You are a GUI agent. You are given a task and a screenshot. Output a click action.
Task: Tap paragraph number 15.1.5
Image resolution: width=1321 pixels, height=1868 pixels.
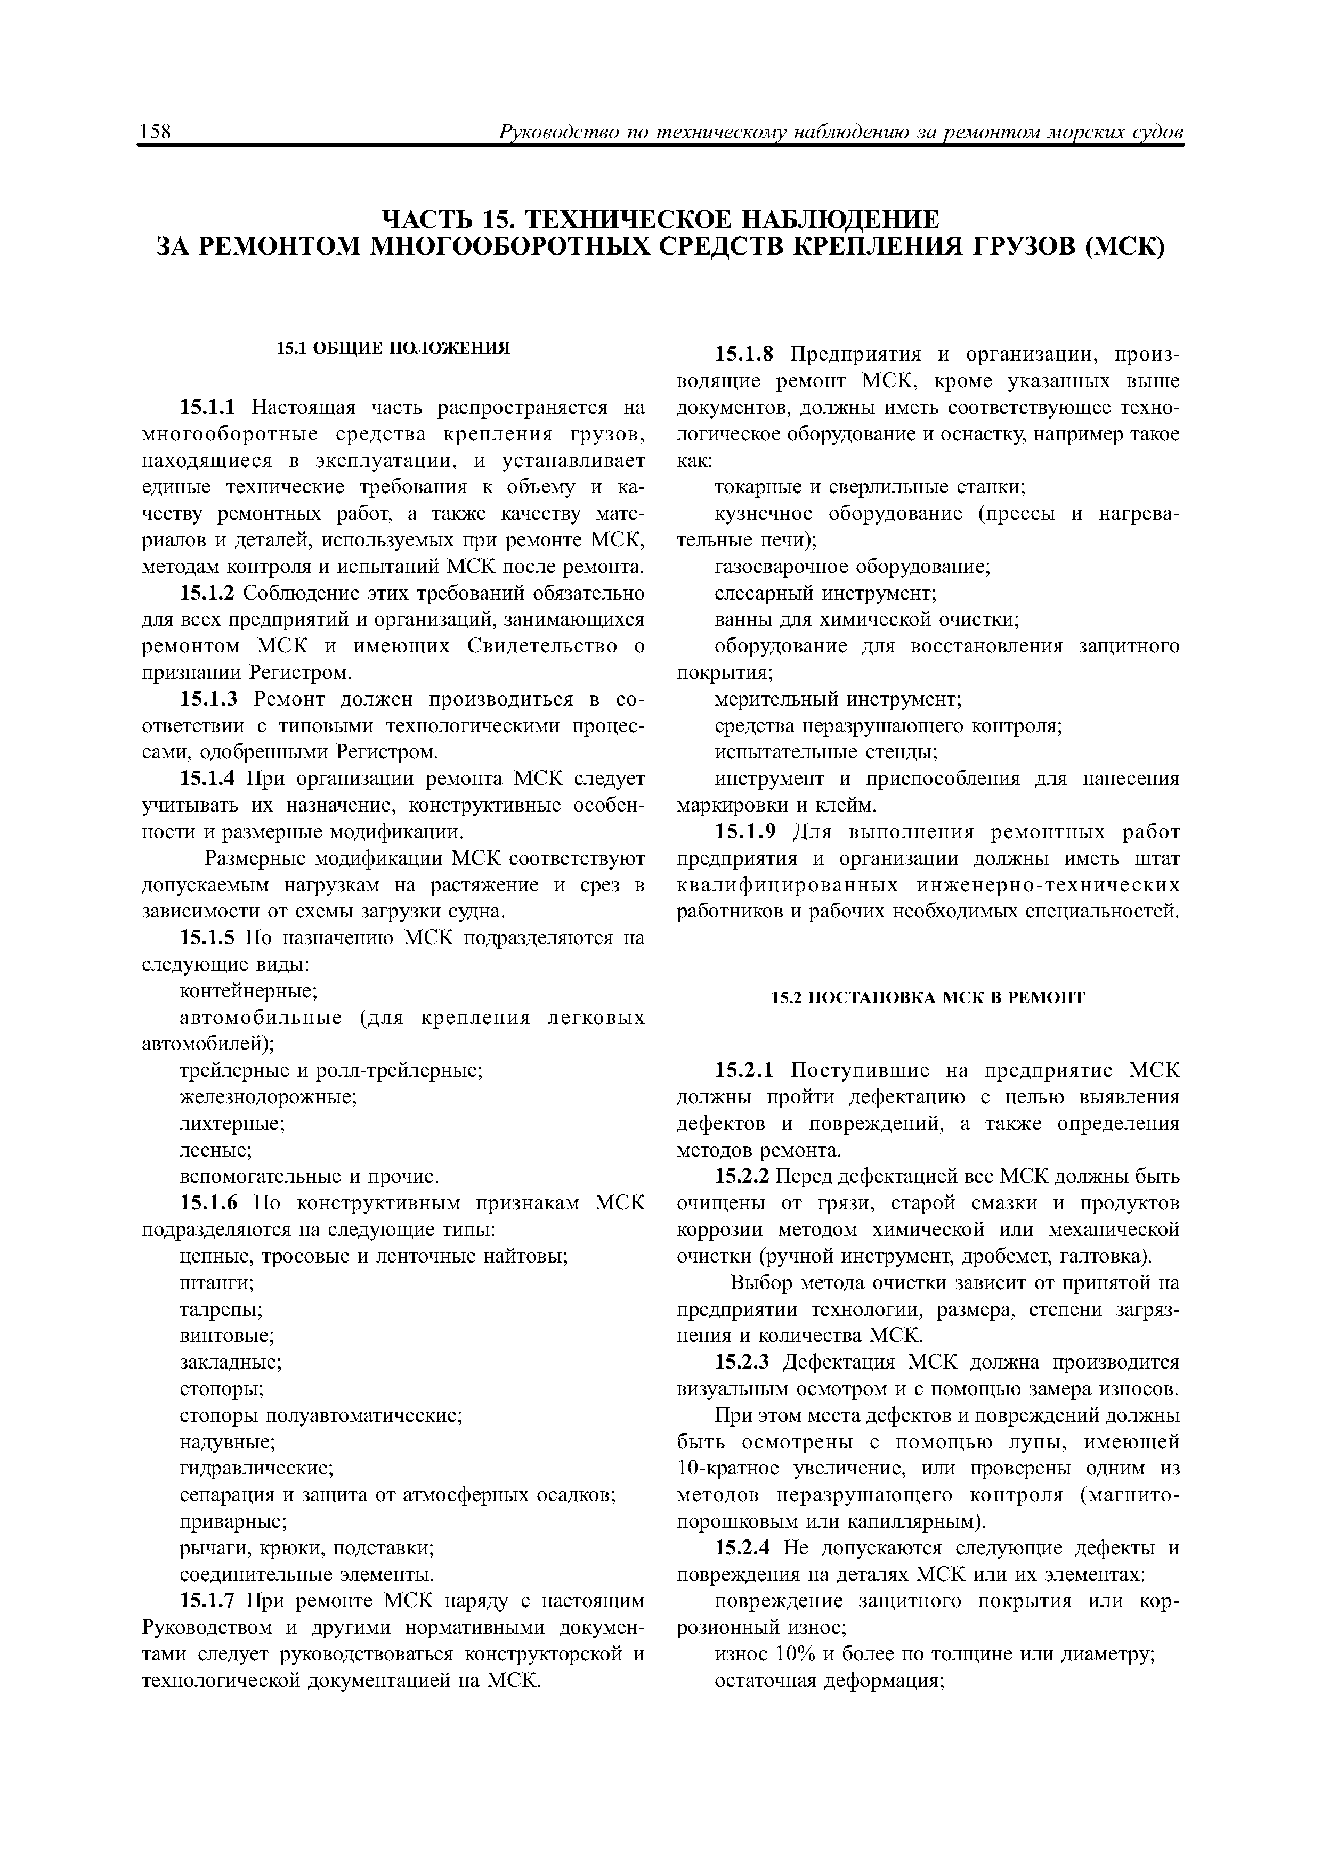[207, 938]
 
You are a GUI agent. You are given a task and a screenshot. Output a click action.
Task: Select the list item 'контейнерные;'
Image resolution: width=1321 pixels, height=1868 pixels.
[248, 991]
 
